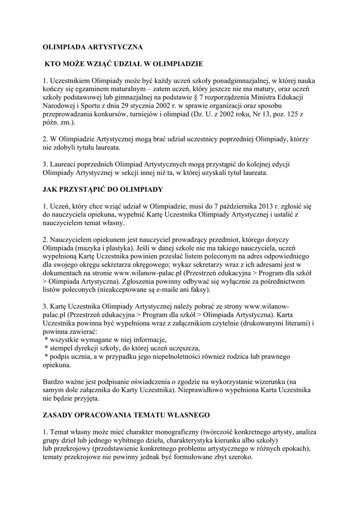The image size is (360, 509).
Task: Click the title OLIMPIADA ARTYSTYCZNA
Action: pos(92,47)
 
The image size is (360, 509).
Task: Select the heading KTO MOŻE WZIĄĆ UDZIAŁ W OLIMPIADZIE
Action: pos(124,64)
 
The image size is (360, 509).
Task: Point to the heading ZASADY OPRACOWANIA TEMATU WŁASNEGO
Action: pos(126,415)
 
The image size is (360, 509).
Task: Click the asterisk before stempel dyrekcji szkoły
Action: pos(46,348)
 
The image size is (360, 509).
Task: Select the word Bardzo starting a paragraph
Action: pos(54,381)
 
